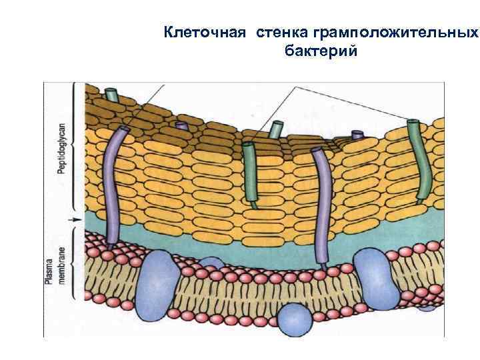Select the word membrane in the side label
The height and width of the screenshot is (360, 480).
[61, 270]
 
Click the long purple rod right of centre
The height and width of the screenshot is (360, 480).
[323, 207]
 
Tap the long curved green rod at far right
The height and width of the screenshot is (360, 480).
[420, 160]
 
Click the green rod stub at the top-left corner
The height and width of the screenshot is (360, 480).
[113, 95]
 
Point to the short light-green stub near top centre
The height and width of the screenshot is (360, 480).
[275, 128]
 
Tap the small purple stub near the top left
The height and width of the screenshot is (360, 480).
[181, 125]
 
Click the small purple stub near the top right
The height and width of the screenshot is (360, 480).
[358, 135]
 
